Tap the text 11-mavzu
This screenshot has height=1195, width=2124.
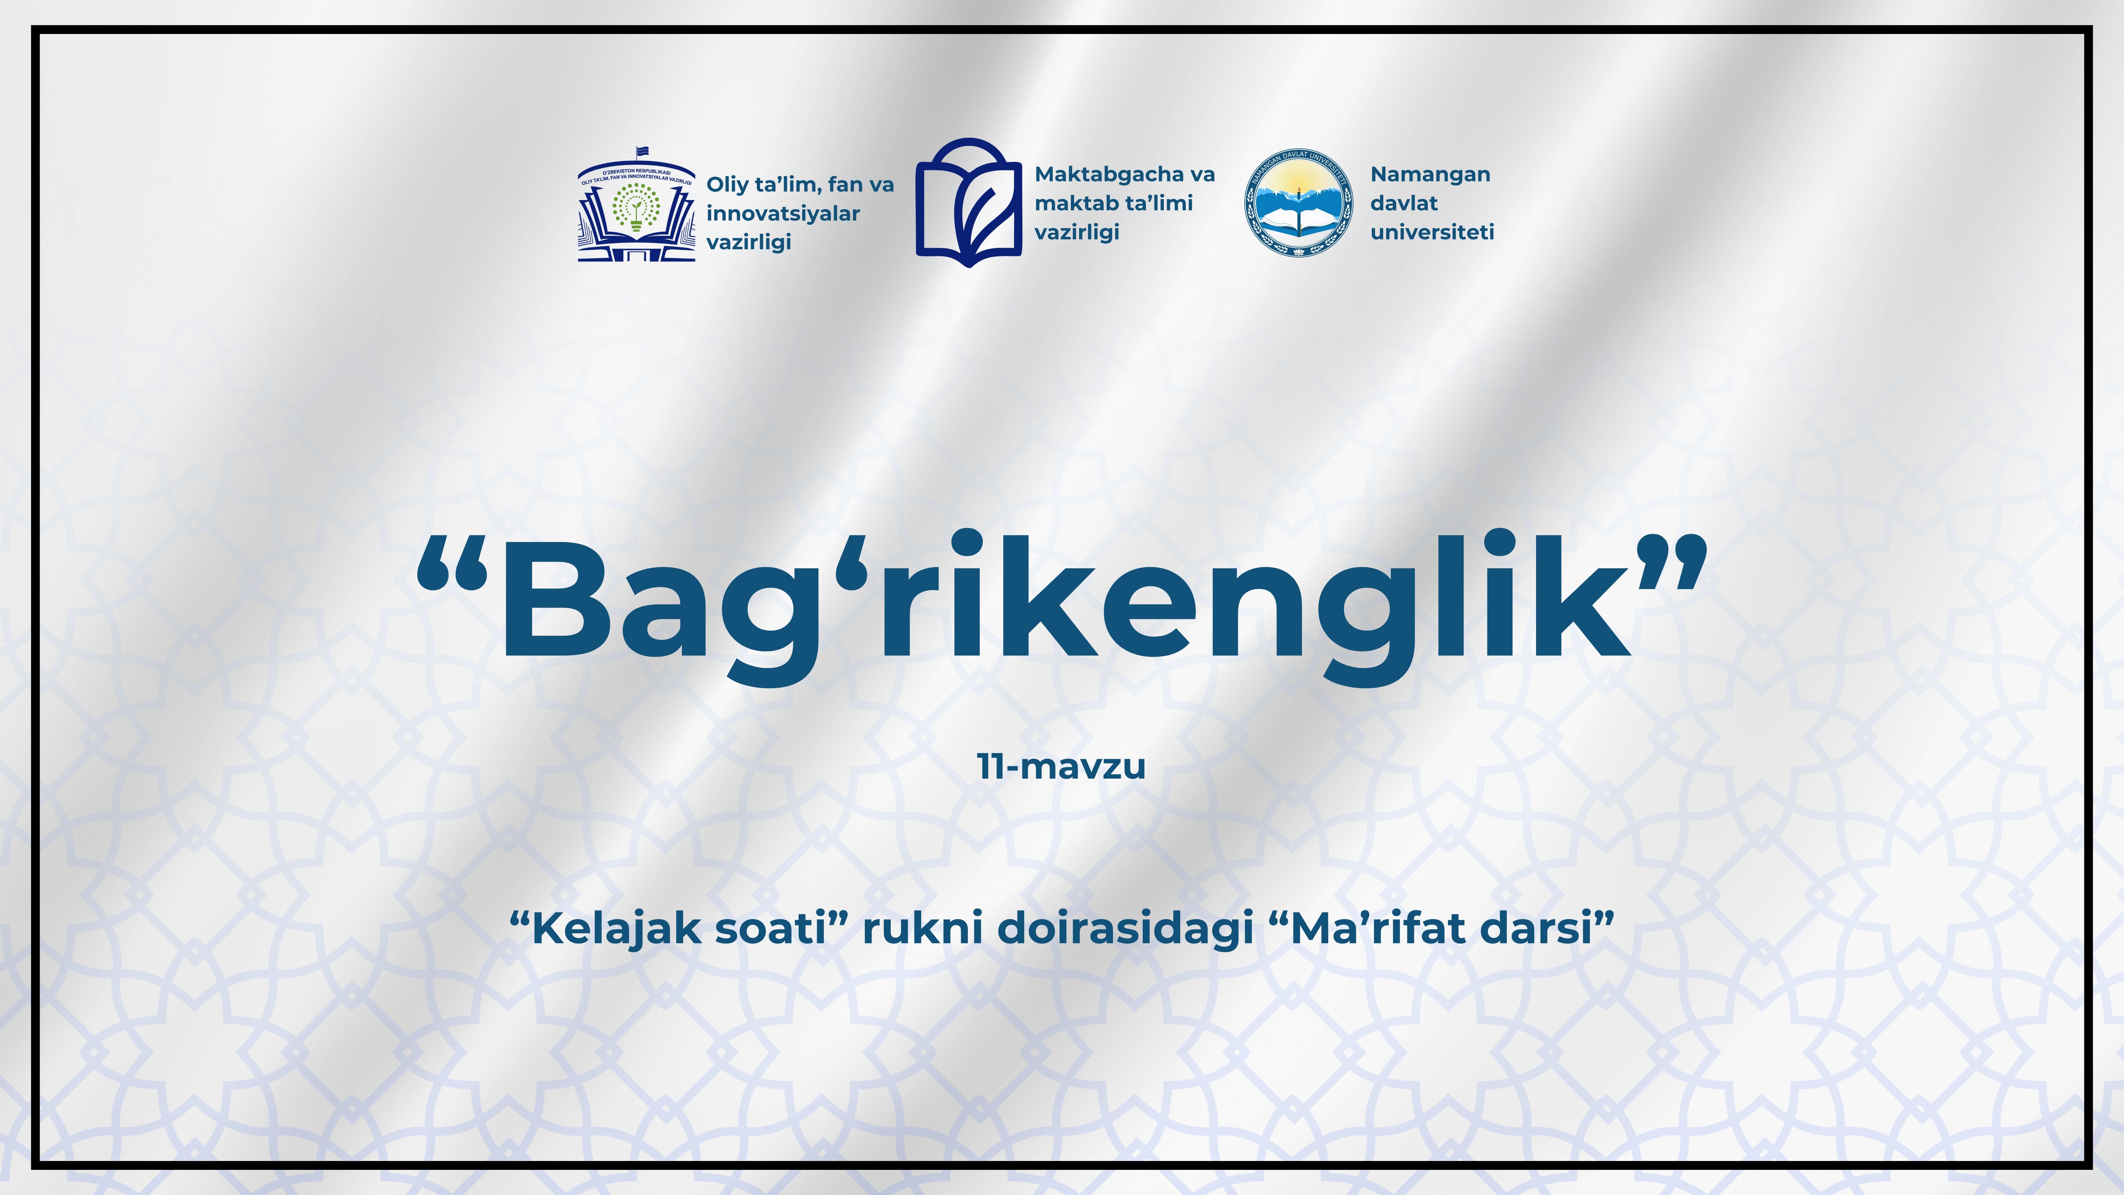click(1061, 766)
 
